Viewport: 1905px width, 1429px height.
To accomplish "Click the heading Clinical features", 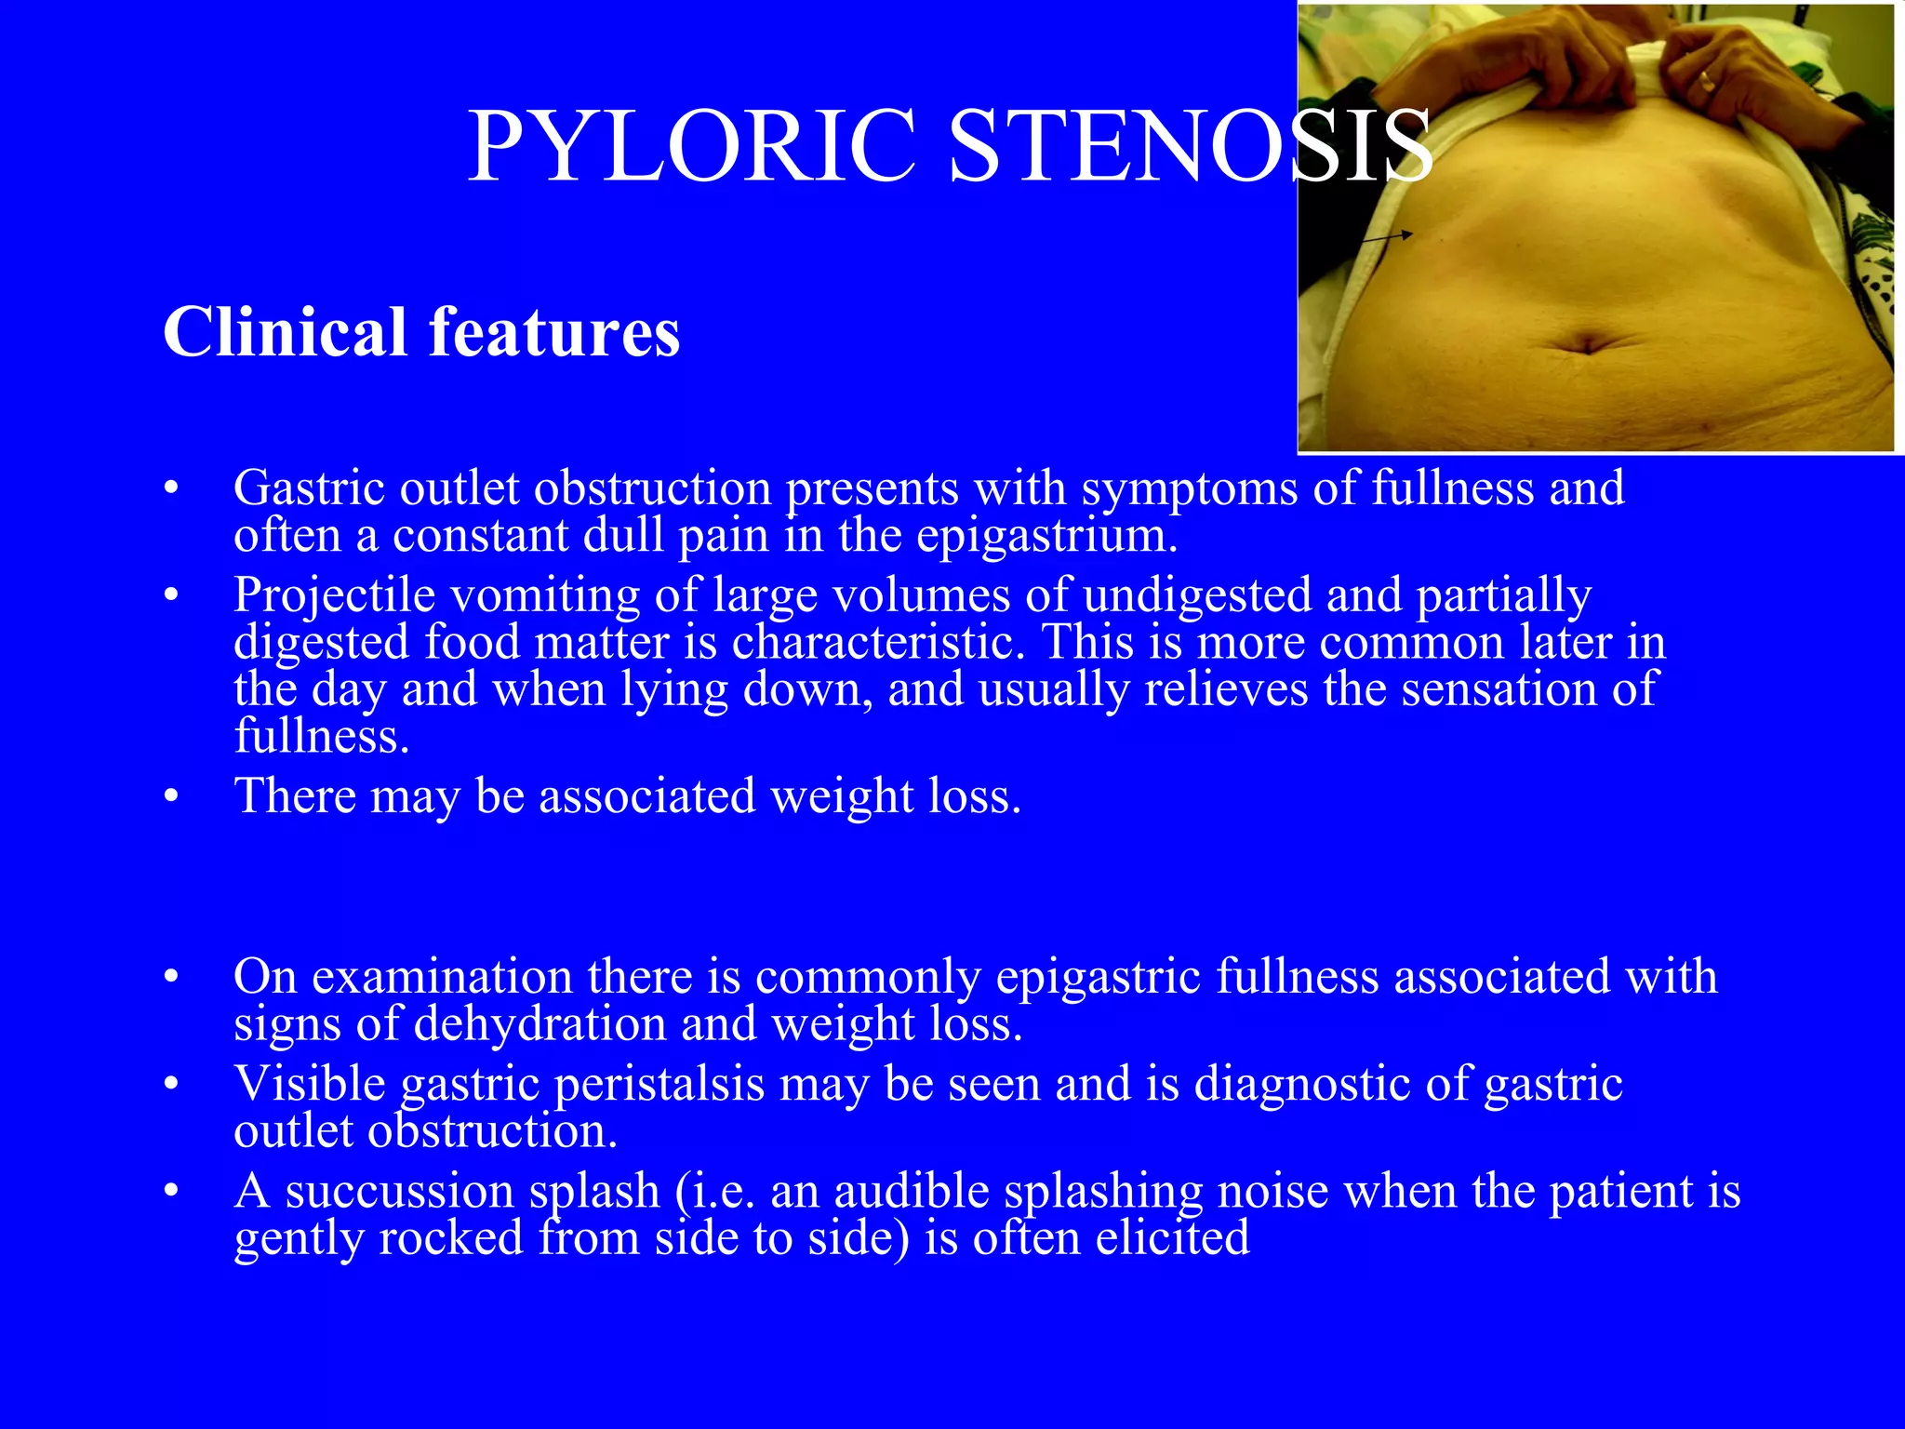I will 420,332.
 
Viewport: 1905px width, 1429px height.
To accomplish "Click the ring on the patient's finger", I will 1706,79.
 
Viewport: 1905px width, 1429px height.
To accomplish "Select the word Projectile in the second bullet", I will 334,594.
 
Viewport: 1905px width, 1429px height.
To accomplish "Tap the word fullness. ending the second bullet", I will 322,736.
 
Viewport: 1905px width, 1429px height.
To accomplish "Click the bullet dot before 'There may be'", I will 170,796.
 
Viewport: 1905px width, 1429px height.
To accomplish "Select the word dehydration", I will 540,1023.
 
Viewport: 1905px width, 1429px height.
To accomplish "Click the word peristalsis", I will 659,1084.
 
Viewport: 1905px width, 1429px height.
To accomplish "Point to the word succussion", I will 400,1191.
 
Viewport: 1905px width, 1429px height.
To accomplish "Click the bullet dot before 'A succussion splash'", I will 170,1192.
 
